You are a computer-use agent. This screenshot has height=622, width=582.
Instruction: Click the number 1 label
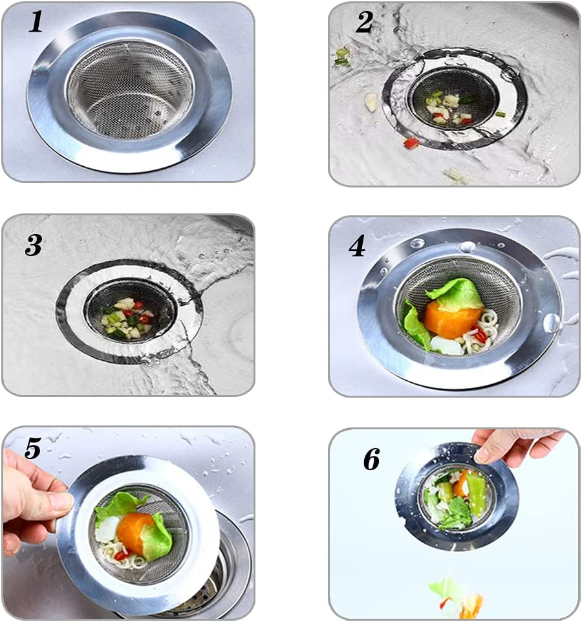click(36, 22)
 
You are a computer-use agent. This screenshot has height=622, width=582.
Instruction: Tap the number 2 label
click(364, 22)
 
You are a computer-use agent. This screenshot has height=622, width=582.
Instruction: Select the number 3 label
click(34, 245)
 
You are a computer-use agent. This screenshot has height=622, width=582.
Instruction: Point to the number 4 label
click(357, 246)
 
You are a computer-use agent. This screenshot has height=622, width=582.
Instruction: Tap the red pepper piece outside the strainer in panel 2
click(411, 143)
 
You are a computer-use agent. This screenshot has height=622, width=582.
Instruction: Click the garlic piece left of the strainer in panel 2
click(371, 102)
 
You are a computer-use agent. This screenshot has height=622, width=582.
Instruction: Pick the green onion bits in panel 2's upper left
click(342, 56)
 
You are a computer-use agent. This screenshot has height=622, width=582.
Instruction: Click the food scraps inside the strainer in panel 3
click(127, 317)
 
